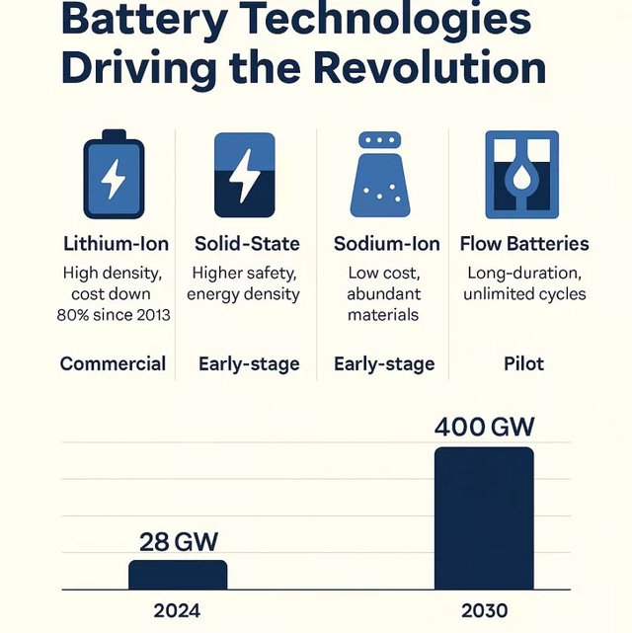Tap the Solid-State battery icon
245,175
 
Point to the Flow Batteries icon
515,174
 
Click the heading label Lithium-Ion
116,243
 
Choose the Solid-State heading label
247,243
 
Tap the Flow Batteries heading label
524,243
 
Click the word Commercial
113,363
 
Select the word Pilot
523,363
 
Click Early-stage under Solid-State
248,363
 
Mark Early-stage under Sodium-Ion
384,363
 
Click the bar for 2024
178,575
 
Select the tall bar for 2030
484,518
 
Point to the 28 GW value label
178,541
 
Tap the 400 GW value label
484,427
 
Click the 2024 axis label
178,610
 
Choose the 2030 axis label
484,610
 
